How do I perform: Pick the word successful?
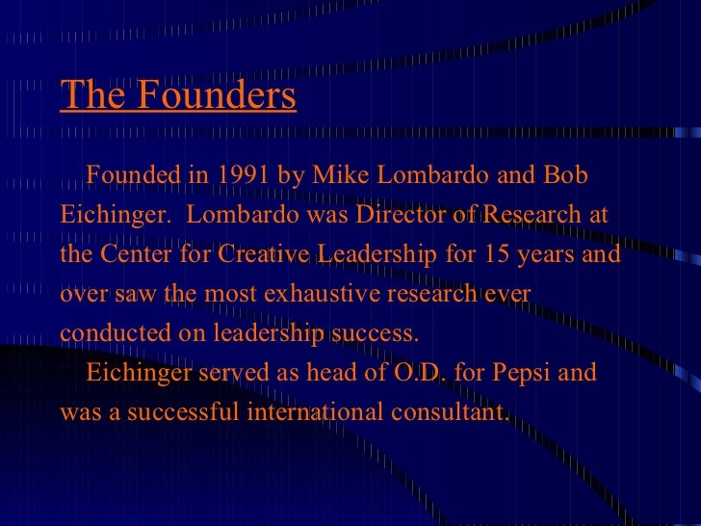click(x=185, y=412)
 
